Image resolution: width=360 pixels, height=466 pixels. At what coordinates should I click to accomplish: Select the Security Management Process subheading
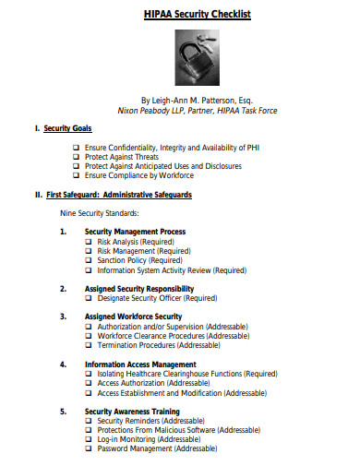(135, 232)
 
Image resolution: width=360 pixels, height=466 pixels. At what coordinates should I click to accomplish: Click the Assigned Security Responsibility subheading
(139, 289)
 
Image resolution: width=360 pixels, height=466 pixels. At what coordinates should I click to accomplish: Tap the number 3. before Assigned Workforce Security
(63, 317)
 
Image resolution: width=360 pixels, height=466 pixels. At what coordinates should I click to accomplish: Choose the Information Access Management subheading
(139, 364)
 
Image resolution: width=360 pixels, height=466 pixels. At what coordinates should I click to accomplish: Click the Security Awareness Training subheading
(132, 412)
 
